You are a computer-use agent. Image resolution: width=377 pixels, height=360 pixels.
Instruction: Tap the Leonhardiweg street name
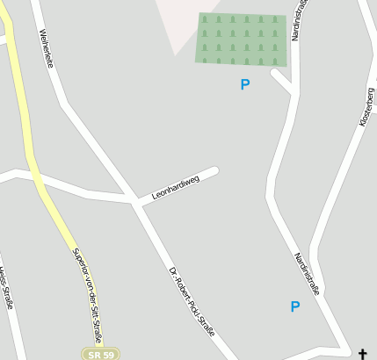click(176, 186)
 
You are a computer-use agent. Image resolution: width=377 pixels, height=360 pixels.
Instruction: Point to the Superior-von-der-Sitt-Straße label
click(87, 293)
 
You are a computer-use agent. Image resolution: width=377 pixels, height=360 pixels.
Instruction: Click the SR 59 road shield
click(100, 353)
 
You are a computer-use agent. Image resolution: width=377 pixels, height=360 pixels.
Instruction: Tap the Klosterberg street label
click(367, 107)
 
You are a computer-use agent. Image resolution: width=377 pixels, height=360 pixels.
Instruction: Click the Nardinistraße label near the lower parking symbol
click(306, 274)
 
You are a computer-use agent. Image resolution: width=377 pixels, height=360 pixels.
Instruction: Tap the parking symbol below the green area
click(245, 84)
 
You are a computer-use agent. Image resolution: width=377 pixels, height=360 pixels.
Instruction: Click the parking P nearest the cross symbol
click(295, 306)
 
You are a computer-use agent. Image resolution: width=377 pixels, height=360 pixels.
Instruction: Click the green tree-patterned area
click(241, 39)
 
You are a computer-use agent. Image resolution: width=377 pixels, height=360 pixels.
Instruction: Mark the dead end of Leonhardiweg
click(214, 170)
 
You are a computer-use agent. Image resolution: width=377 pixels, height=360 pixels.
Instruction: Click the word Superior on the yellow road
click(79, 261)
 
